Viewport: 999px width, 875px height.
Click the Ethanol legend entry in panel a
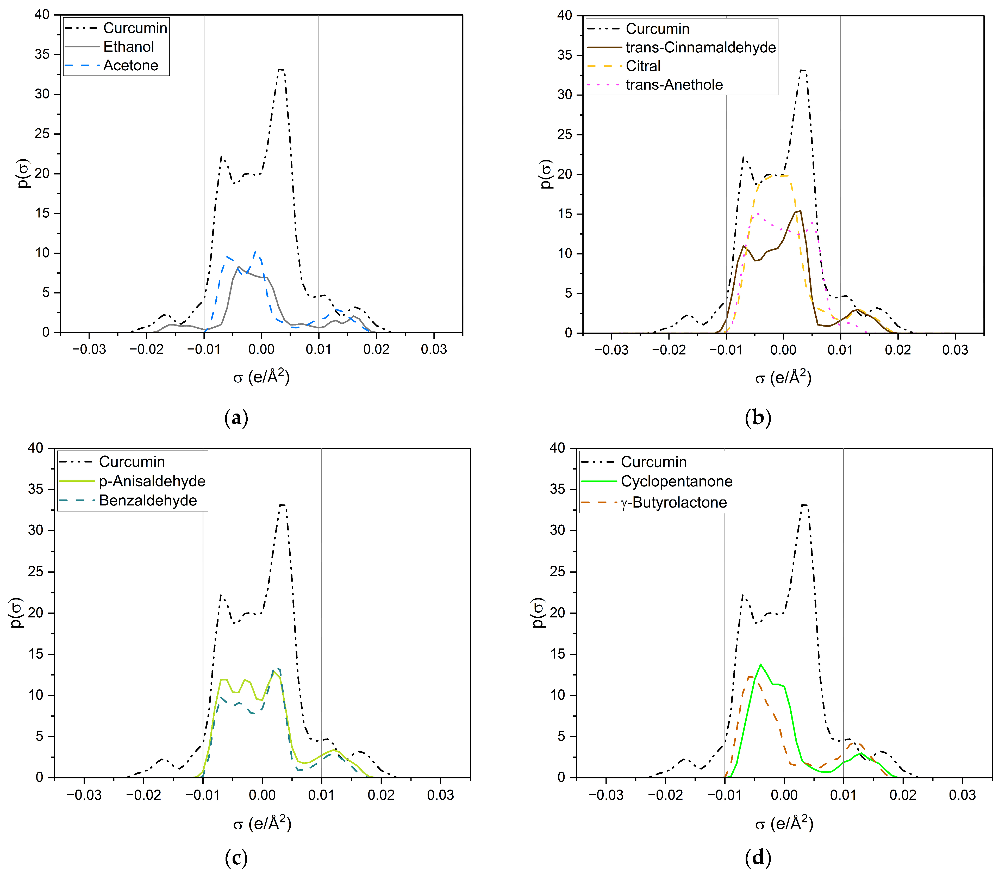(x=128, y=47)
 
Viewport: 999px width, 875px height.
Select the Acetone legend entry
(x=130, y=65)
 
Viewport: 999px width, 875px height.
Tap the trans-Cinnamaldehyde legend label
(x=700, y=47)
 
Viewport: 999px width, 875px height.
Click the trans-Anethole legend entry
(x=674, y=85)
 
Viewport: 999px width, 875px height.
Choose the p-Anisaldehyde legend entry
(x=152, y=481)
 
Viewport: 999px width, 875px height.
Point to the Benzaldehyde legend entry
(x=147, y=501)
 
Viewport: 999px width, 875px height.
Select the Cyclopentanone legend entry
(x=676, y=482)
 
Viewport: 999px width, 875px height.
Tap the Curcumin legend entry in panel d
(x=653, y=462)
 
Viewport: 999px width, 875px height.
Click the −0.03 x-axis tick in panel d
(x=606, y=795)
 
